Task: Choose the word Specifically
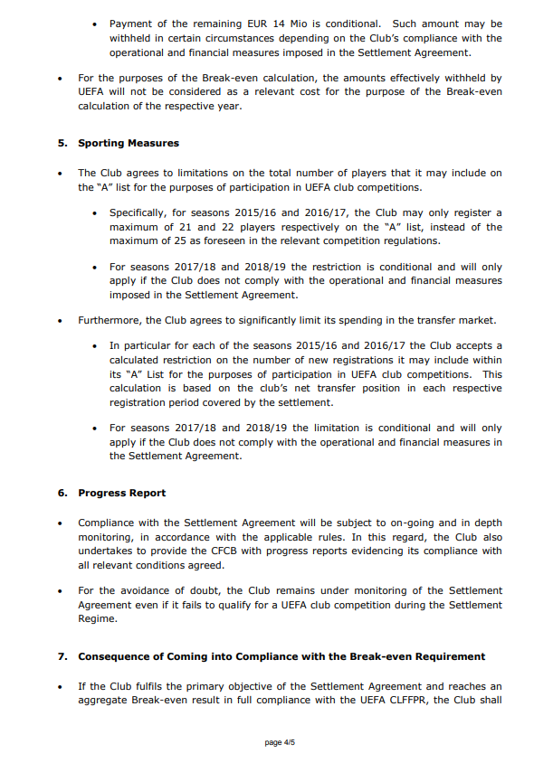coord(141,213)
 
